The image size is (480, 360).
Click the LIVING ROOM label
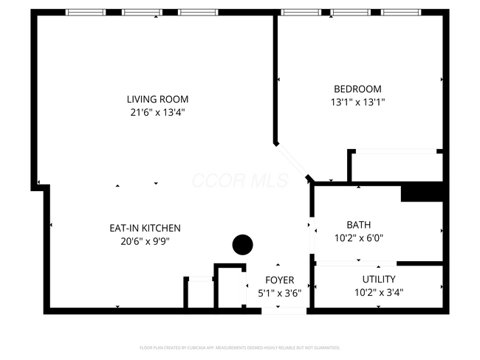(157, 99)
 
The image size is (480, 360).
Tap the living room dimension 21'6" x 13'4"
(157, 113)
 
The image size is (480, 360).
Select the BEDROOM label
(358, 89)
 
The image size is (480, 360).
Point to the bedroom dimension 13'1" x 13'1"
(358, 103)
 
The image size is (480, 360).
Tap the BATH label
(359, 224)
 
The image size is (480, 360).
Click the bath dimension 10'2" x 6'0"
(359, 238)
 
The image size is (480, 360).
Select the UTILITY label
(378, 279)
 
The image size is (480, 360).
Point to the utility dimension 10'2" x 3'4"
(378, 292)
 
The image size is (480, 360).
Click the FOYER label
(280, 280)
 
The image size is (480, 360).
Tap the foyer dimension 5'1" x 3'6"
(280, 294)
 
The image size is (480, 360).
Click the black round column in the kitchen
(242, 244)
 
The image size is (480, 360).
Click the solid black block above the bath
(422, 192)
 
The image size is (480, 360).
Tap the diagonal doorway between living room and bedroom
(292, 162)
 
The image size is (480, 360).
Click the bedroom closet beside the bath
(397, 167)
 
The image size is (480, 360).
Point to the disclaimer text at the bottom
(240, 347)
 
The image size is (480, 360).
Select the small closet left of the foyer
(199, 294)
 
